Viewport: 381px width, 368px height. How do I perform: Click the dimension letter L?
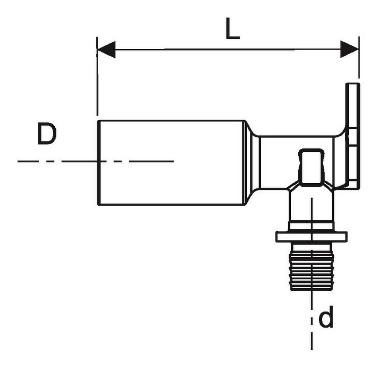(232, 29)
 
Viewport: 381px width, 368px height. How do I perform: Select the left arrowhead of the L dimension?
(106, 50)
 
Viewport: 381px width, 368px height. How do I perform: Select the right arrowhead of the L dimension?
(349, 49)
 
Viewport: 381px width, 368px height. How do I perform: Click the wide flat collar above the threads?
(311, 237)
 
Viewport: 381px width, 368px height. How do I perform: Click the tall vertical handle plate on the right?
(353, 136)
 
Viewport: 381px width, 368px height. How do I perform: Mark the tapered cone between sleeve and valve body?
(252, 163)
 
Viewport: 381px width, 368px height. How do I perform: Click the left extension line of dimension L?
(97, 76)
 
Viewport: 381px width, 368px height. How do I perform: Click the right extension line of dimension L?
(359, 57)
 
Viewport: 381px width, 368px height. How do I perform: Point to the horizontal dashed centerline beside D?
(96, 161)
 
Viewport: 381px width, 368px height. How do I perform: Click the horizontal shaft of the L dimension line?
(228, 49)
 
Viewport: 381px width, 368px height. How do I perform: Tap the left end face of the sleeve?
(98, 163)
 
